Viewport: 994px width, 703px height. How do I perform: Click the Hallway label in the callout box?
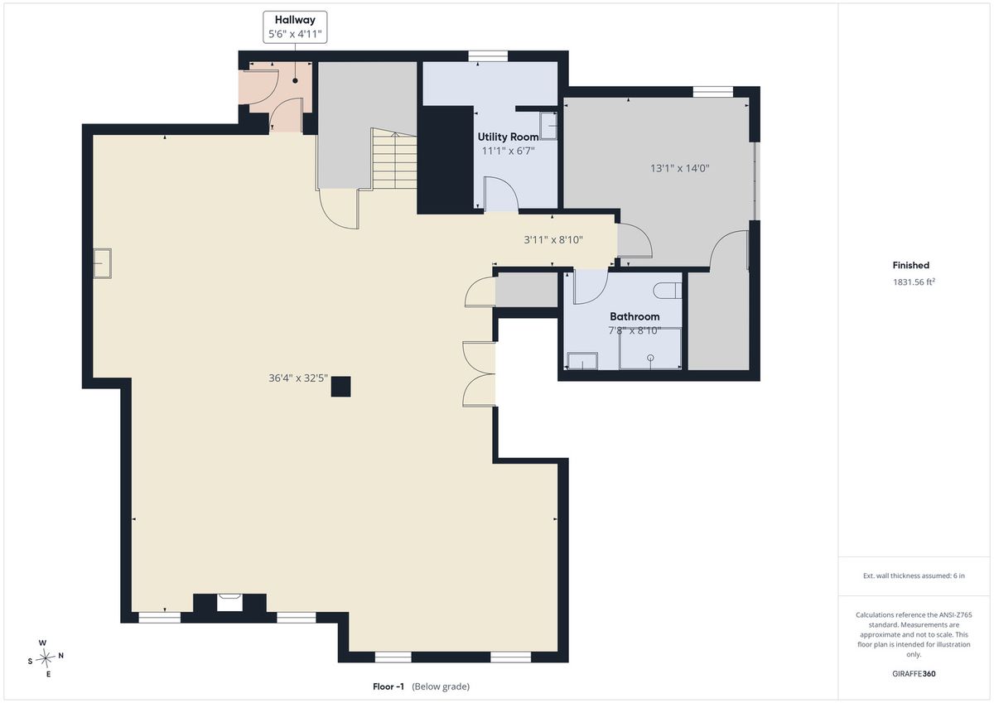[x=295, y=20]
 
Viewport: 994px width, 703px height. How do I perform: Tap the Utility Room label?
[x=508, y=137]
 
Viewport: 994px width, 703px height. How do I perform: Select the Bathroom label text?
[x=635, y=316]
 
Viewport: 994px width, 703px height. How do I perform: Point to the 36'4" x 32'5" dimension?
[x=297, y=378]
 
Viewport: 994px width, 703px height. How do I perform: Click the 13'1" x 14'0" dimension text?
[x=680, y=168]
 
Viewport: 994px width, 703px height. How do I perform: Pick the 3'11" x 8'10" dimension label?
[x=553, y=239]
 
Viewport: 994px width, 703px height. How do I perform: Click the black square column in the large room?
[x=340, y=387]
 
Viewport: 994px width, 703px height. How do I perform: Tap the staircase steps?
[x=394, y=159]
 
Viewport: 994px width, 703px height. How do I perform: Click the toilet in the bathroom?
[x=667, y=291]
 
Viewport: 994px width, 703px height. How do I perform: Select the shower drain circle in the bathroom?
[x=650, y=358]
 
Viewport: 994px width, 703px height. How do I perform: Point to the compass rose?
[x=46, y=657]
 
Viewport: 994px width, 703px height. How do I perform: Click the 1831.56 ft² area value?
[x=914, y=282]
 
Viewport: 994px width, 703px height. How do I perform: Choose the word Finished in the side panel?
[x=910, y=265]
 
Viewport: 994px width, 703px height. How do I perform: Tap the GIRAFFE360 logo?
[x=914, y=674]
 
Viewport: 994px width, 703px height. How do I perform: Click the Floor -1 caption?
[x=388, y=686]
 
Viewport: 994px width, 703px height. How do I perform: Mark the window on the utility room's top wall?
[x=488, y=55]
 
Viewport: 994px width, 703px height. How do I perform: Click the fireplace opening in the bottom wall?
[x=230, y=603]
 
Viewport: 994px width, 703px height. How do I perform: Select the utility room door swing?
[x=501, y=195]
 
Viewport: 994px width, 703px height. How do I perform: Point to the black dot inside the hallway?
[x=295, y=80]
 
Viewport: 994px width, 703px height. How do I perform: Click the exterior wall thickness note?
[x=914, y=575]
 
